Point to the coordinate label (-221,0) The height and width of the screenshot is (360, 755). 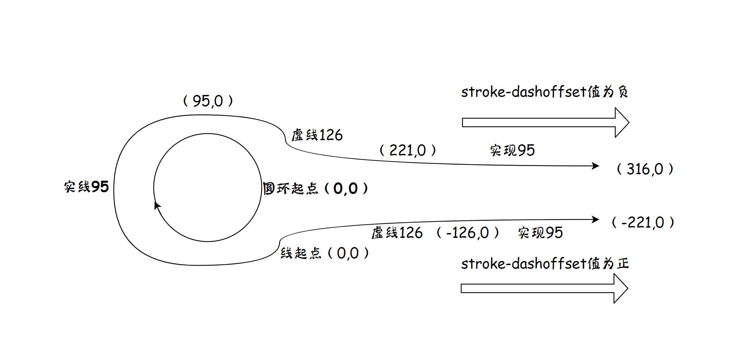tap(643, 223)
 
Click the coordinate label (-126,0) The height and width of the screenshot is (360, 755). tap(467, 233)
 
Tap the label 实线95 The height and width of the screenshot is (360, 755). tap(86, 187)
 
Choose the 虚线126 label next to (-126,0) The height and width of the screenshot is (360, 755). tap(397, 233)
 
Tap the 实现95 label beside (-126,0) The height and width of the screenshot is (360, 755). tap(540, 233)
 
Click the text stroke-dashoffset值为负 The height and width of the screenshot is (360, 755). tap(544, 92)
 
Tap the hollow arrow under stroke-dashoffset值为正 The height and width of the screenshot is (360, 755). tap(544, 289)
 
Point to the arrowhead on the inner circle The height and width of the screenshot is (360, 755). tap(157, 205)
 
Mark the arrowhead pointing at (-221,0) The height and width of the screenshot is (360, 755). tap(595, 219)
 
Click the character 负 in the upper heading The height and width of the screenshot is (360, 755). tap(623, 92)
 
